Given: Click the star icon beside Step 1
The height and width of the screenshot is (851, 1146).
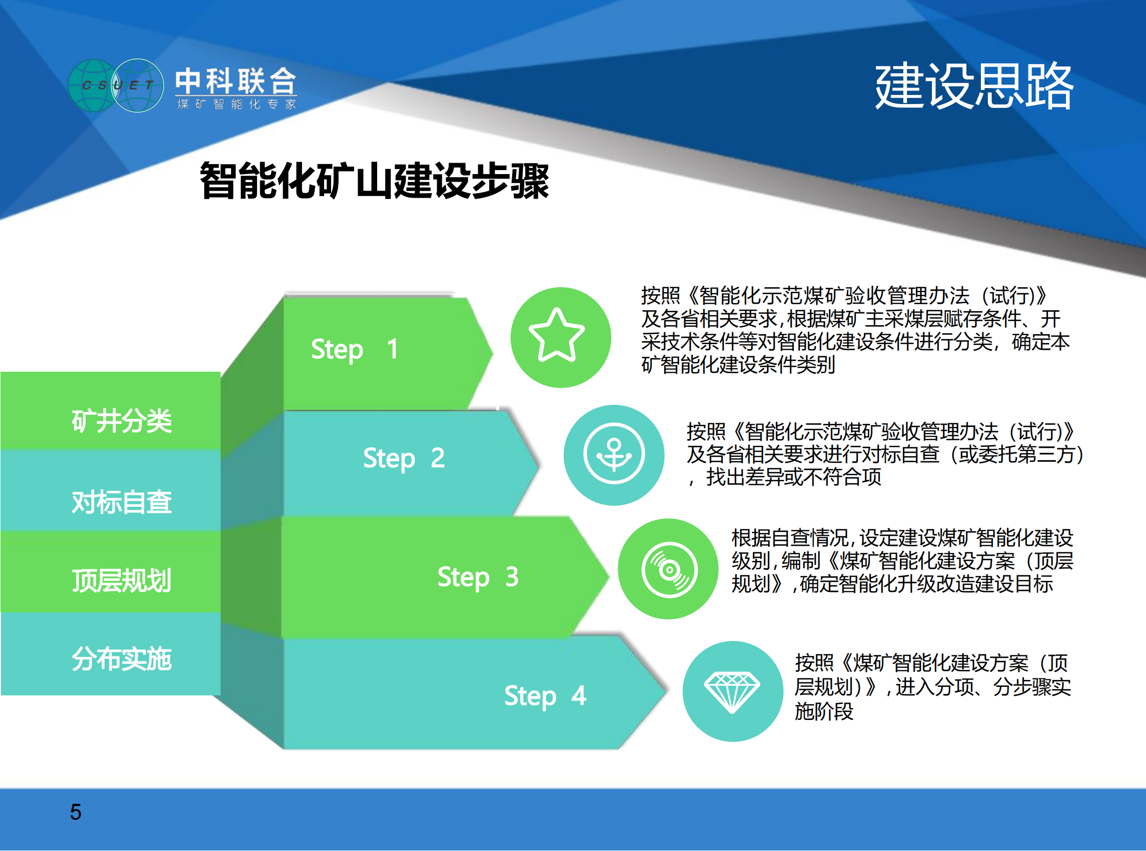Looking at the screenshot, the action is pos(557,335).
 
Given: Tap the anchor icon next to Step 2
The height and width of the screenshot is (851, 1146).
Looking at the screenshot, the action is pos(613,454).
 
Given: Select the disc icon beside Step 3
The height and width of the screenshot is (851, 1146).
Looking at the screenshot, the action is pos(669,570).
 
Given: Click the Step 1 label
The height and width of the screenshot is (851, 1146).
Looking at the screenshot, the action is pos(354,350).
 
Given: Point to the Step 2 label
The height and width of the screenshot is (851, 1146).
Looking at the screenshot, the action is pos(404,458).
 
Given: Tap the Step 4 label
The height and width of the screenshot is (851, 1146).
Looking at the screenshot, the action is pos(545,696).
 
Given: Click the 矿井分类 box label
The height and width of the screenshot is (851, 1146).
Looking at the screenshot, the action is pos(122,421).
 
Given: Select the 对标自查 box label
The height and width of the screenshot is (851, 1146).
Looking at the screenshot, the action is pos(122,502).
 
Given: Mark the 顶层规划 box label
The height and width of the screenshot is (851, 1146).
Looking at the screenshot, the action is pos(122,580).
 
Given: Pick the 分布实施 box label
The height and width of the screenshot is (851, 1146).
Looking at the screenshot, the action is pos(122,659).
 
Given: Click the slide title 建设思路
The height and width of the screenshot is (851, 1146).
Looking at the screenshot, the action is pos(974,86).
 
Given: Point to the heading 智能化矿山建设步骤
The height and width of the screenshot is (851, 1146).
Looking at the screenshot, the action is pos(375,180).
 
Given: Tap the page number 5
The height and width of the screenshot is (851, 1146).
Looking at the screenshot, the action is pos(76,812).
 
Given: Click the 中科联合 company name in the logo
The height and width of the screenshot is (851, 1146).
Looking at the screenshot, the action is pos(236,81).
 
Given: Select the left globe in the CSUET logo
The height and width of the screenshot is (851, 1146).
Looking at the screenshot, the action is pos(93,86).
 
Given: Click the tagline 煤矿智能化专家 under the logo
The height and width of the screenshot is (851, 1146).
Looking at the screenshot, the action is pos(237,104).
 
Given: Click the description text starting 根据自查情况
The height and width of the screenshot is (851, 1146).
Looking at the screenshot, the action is pos(902,560).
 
